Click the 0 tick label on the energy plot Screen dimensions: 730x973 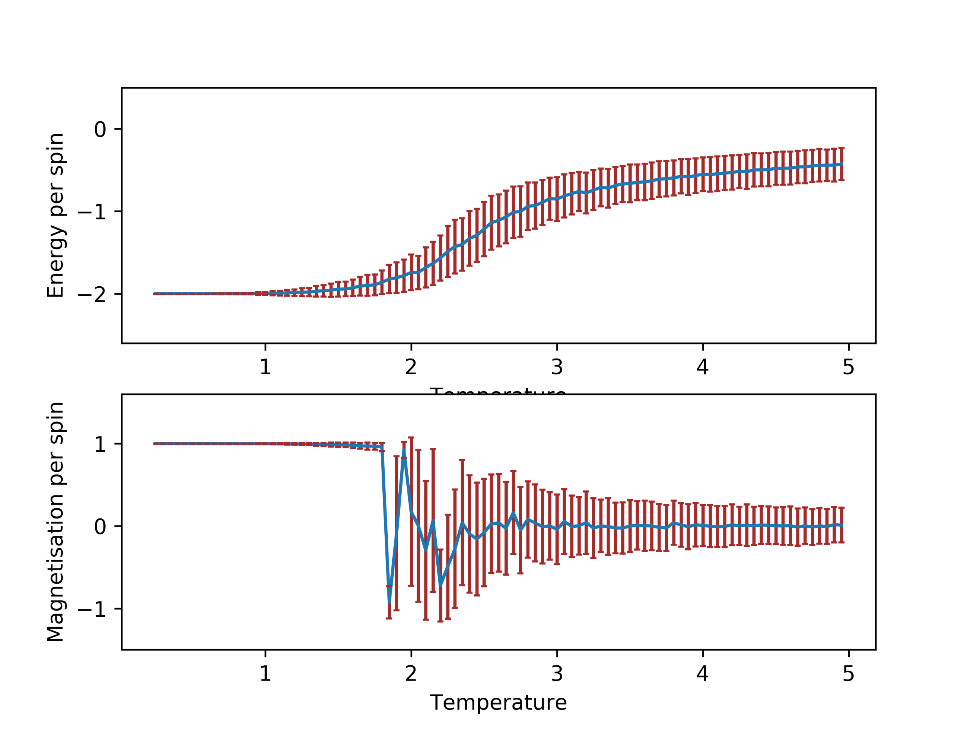[x=100, y=130]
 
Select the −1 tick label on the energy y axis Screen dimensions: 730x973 [x=92, y=213]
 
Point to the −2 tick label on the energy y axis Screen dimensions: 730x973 [x=92, y=295]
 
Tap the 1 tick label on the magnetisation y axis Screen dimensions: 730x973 [x=100, y=445]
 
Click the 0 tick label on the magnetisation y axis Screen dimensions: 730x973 [x=100, y=527]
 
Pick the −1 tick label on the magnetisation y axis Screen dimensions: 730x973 [x=92, y=609]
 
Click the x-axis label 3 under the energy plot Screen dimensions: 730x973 [x=557, y=367]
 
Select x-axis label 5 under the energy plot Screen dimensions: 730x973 [x=848, y=367]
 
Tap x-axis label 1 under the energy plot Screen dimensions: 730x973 [x=265, y=367]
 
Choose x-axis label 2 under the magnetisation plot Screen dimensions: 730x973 [x=411, y=674]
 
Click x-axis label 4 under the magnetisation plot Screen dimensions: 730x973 [x=702, y=674]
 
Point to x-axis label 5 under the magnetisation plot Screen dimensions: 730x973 [x=848, y=674]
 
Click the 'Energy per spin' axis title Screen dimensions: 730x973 [x=56, y=216]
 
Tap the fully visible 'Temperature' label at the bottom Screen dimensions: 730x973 [x=498, y=703]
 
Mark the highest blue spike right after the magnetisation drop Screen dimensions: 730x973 [x=404, y=450]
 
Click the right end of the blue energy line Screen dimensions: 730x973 [x=841, y=164]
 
